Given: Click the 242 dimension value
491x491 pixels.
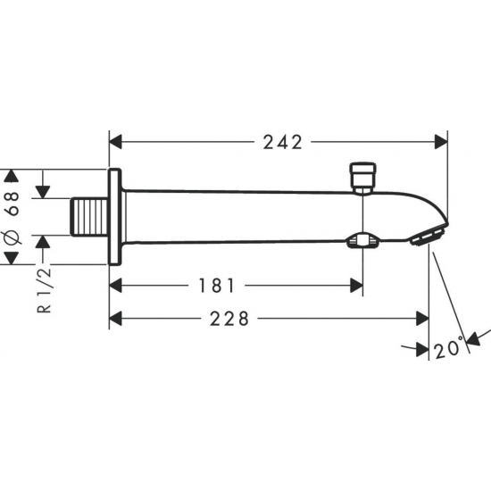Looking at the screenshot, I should [283, 142].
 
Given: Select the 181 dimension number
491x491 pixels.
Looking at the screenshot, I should [217, 286].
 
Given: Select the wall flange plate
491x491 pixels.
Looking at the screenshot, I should [114, 216].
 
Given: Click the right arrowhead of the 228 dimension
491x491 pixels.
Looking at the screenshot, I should [421, 319].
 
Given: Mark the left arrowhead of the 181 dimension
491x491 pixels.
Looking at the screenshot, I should [116, 286].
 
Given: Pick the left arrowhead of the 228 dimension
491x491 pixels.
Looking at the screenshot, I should [116, 319].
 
